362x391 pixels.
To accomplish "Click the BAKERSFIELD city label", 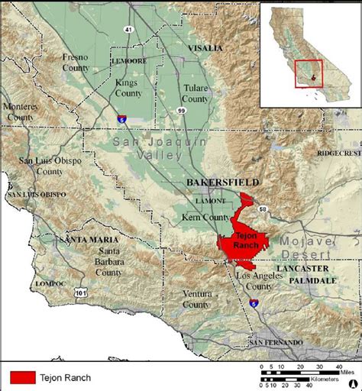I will pyautogui.click(x=222, y=183).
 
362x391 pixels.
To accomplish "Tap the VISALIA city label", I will pyautogui.click(x=205, y=48).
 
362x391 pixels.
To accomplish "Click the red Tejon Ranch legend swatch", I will pyautogui.click(x=27, y=376).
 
